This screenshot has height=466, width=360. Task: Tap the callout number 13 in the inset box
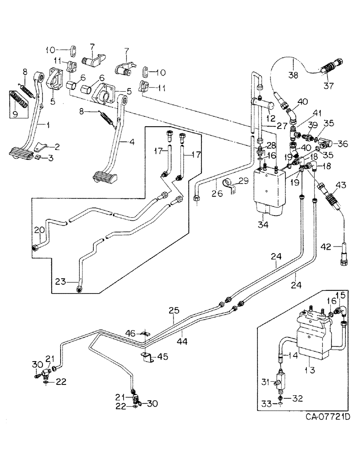click(x=308, y=370)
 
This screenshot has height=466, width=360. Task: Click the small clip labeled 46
click(x=145, y=334)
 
